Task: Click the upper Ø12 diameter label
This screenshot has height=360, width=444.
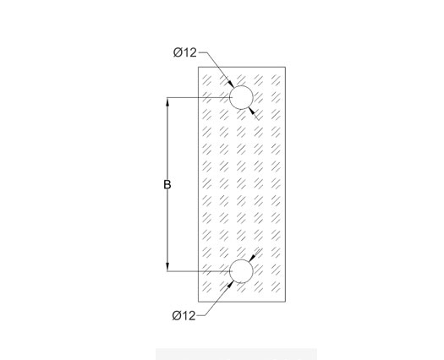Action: (185, 52)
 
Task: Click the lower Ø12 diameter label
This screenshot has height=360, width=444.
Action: (184, 315)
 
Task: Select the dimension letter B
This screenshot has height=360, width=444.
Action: (167, 184)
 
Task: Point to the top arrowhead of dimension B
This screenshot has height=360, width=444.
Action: (167, 102)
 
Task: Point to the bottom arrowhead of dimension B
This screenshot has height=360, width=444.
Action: (167, 266)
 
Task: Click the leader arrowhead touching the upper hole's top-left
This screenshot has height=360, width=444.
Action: (231, 84)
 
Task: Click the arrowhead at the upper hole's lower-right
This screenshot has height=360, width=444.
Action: (251, 111)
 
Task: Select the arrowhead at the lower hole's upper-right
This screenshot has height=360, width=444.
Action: (251, 258)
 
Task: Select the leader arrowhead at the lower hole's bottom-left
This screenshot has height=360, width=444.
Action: (231, 285)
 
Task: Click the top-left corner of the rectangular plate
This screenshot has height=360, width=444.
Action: (198, 67)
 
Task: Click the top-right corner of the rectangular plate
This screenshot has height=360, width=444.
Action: (286, 67)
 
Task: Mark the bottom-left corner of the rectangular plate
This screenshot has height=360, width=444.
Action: (198, 302)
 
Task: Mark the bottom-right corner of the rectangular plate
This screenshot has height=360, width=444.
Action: (286, 302)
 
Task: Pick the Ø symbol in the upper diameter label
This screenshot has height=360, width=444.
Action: (178, 52)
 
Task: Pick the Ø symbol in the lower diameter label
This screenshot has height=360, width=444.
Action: (177, 315)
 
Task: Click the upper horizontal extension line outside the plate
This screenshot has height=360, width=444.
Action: (182, 98)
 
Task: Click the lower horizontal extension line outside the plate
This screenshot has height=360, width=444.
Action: (182, 271)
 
